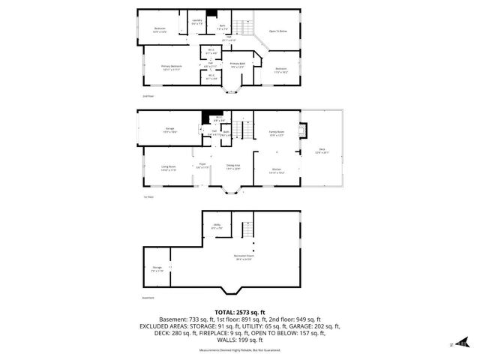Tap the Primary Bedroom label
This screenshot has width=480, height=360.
[x=171, y=67]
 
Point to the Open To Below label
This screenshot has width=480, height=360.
[x=279, y=31]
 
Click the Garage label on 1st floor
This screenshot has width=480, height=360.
[x=171, y=129]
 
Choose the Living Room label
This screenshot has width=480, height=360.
[x=168, y=167]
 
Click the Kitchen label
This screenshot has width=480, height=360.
[x=275, y=170]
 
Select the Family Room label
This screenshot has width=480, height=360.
[x=277, y=133]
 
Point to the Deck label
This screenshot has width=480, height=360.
[x=322, y=150]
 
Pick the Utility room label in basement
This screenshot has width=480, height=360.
[x=216, y=226]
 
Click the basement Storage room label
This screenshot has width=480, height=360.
[x=157, y=268]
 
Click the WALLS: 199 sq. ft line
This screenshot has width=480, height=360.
[x=239, y=341]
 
